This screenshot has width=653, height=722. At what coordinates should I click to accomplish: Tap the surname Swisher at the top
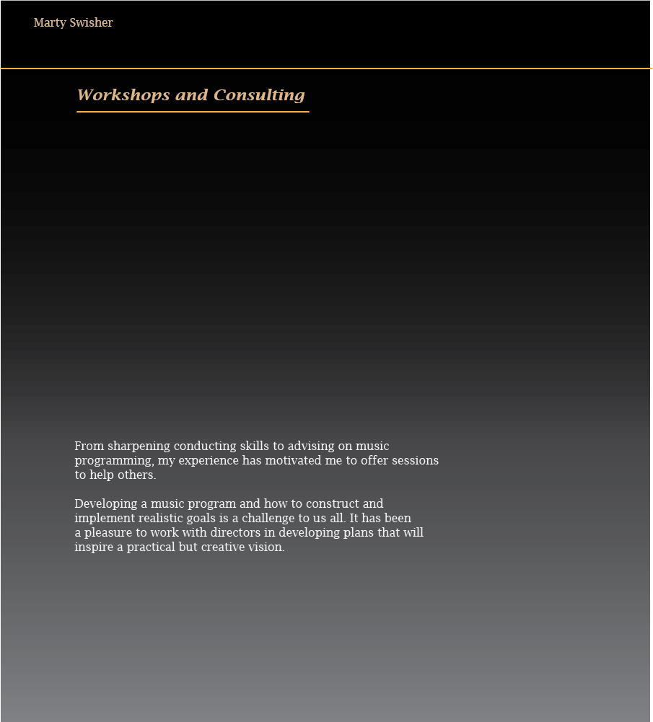(92, 23)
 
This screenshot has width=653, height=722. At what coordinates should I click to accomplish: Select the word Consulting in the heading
(259, 95)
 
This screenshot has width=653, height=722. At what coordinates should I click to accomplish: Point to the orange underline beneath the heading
(193, 112)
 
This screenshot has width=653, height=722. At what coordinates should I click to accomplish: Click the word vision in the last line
(268, 547)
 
